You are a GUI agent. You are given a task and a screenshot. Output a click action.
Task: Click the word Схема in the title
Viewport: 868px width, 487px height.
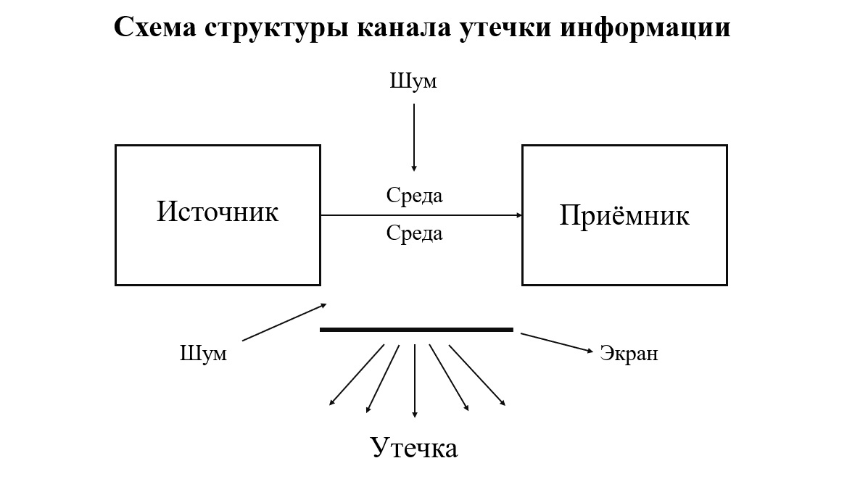coord(155,28)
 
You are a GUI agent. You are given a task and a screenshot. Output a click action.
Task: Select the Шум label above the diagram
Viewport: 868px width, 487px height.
coord(413,80)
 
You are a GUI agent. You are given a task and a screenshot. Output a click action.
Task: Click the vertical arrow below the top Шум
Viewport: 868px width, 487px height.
coord(414,137)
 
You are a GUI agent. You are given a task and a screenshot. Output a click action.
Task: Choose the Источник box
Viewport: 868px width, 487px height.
coord(218,215)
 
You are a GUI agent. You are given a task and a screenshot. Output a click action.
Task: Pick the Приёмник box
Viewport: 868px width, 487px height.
coord(624,215)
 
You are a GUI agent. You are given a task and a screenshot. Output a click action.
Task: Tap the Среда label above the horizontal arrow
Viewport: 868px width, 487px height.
coord(414,195)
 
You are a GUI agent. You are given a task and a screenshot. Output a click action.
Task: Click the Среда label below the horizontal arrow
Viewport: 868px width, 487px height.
coord(414,233)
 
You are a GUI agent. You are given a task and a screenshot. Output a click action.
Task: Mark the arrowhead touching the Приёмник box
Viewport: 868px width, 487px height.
coord(518,215)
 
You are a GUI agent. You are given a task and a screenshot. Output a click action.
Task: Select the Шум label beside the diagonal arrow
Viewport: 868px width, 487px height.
coord(203,354)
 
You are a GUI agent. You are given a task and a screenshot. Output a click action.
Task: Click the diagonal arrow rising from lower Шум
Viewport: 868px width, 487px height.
coord(284,322)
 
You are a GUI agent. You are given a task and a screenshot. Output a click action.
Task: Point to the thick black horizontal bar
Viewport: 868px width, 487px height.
coord(416,330)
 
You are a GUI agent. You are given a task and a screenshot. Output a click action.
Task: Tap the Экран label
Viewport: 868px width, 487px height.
coord(629,354)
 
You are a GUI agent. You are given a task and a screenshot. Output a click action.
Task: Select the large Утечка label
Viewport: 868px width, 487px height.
coord(414,447)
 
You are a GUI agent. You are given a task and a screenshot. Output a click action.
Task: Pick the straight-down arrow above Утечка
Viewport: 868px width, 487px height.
coord(415,380)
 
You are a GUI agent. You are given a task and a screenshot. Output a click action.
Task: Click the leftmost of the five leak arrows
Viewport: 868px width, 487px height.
coord(357,375)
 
